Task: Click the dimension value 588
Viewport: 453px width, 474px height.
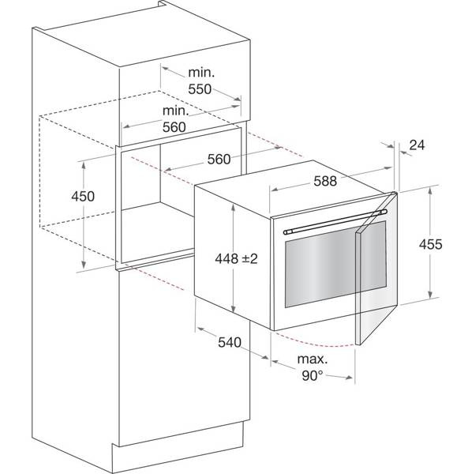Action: (x=325, y=181)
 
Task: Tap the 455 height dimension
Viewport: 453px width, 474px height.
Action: (x=430, y=244)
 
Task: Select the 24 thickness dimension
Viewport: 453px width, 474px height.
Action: (x=417, y=145)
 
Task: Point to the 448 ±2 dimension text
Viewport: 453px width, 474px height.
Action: (x=236, y=259)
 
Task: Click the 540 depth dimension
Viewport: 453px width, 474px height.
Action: (x=230, y=342)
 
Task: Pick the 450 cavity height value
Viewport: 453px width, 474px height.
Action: (x=83, y=196)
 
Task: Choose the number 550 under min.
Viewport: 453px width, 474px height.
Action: (x=200, y=89)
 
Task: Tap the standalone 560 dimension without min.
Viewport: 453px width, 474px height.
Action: (x=219, y=160)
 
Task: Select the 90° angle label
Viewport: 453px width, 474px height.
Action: (x=313, y=375)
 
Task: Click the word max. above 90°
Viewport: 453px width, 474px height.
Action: (x=313, y=359)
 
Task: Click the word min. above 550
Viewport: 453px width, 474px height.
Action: (x=201, y=73)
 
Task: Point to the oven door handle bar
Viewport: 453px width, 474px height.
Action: (x=335, y=222)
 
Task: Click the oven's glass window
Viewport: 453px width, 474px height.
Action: (x=335, y=264)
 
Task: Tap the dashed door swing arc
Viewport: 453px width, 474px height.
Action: (x=314, y=342)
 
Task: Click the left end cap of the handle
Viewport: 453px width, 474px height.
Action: (x=286, y=232)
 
